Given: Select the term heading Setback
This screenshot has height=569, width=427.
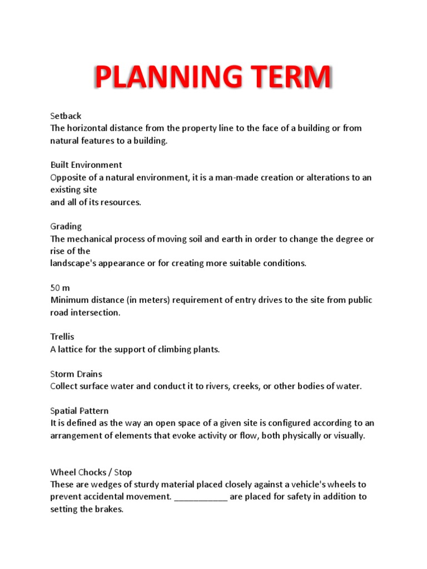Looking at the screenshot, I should (66, 116).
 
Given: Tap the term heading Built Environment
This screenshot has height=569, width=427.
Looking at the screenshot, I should (86, 165).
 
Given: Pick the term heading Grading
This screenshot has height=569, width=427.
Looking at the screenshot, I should (66, 226).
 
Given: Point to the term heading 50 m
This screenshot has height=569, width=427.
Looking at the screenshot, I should (60, 288).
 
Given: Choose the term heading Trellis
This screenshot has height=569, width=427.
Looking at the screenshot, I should (62, 337).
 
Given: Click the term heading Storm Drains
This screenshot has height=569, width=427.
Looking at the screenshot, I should (76, 374).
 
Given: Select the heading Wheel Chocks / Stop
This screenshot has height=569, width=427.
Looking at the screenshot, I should (91, 472).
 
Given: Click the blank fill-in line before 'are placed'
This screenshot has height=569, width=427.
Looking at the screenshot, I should (201, 497).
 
